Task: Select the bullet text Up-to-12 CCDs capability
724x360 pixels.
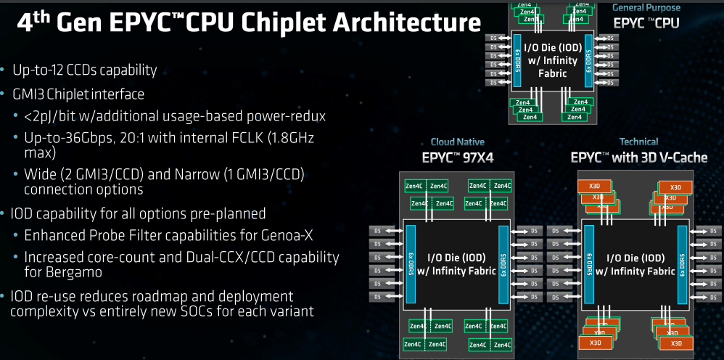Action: tap(84, 70)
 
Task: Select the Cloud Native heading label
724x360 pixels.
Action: tap(457, 142)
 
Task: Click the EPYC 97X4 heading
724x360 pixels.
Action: tap(457, 157)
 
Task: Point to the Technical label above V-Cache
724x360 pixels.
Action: tap(638, 142)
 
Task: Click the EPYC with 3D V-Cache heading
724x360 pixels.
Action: tap(638, 157)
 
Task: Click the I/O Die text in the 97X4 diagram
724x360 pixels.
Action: tap(456, 258)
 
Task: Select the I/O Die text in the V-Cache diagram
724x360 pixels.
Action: tap(634, 258)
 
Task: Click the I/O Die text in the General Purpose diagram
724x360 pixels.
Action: tap(551, 49)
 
